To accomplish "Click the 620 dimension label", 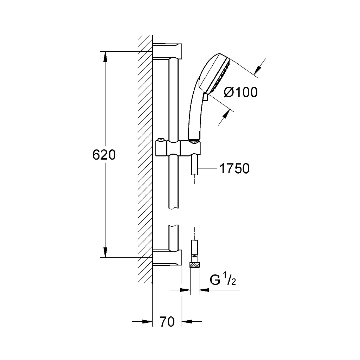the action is tap(104, 155).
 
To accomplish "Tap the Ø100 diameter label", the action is tap(240, 92).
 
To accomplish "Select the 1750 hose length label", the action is tap(234, 168).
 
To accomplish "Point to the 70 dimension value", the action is tap(167, 322).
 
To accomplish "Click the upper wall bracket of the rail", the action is tap(167, 51).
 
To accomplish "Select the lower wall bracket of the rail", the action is tap(167, 258).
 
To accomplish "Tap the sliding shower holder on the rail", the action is tap(178, 148).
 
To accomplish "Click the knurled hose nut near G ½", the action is tap(194, 265).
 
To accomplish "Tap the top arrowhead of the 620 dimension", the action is tap(105, 57).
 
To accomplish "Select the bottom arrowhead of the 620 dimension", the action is tap(105, 252).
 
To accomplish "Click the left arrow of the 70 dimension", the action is tap(147, 321).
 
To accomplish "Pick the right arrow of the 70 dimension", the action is tap(187, 321).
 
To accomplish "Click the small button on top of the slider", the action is tap(160, 140).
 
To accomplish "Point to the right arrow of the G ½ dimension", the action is tap(204, 290).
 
